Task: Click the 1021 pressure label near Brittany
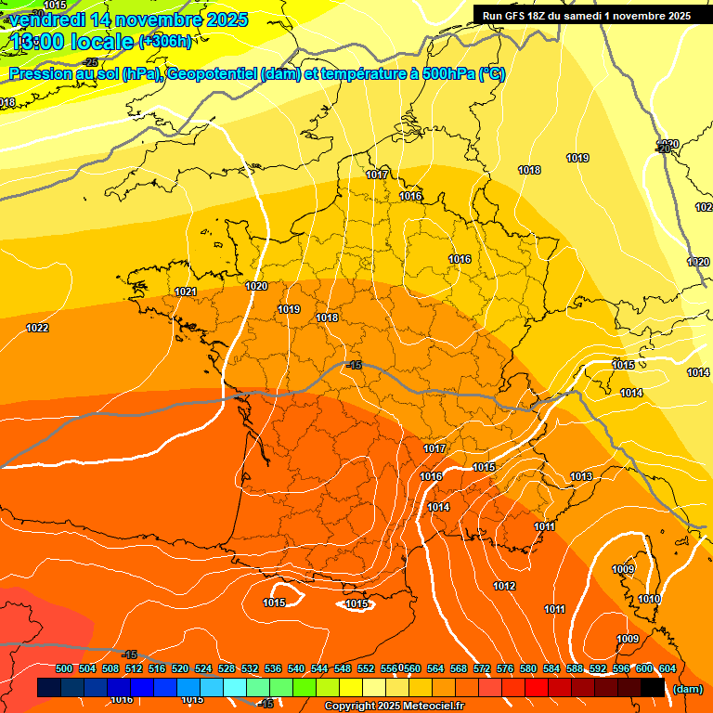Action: point(186,292)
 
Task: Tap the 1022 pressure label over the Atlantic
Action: point(37,328)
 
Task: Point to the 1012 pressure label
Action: point(504,587)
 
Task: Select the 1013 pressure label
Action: point(581,477)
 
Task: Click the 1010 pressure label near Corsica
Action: point(649,600)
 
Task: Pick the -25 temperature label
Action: point(91,62)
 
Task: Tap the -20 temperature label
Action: point(663,149)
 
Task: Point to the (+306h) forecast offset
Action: point(165,42)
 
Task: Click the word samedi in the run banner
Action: point(606,16)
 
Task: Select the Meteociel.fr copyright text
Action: point(394,707)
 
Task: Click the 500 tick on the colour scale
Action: point(64,668)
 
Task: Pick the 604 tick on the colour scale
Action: point(668,668)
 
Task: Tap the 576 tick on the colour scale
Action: point(505,668)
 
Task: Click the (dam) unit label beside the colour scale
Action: point(688,689)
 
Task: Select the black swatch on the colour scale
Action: point(653,687)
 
